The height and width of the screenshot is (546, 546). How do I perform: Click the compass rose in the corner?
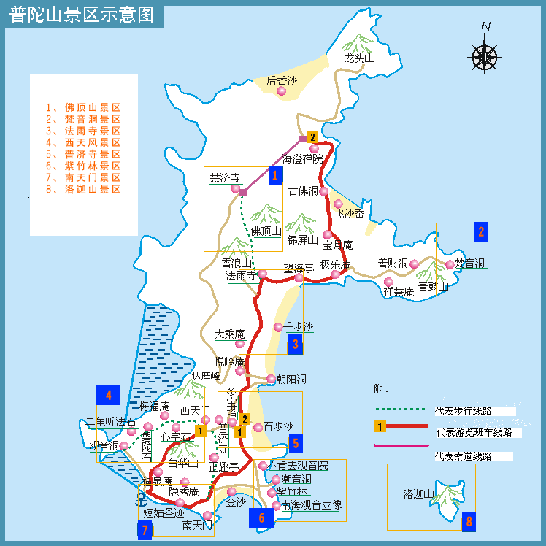(485, 54)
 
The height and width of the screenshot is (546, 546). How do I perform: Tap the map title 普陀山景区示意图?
(82, 15)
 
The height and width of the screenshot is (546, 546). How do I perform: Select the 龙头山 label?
(360, 59)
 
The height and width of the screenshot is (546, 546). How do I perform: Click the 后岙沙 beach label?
(282, 81)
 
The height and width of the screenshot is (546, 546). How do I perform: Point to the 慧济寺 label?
(225, 178)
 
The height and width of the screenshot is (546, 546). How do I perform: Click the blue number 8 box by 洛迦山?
(469, 522)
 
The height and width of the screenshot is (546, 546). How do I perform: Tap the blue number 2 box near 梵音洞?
(480, 232)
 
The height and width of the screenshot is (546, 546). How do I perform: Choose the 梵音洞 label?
(469, 264)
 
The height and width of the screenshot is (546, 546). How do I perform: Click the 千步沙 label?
(298, 327)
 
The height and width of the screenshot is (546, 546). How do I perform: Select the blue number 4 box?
(108, 396)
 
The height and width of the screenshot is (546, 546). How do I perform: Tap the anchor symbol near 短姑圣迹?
(141, 500)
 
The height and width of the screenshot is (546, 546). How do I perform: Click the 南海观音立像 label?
(311, 505)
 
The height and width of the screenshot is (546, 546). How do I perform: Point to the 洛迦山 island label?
(418, 494)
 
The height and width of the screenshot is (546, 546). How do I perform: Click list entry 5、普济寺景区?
(82, 154)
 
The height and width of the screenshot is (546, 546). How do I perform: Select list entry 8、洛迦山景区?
(82, 189)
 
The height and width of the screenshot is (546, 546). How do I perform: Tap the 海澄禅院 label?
(302, 158)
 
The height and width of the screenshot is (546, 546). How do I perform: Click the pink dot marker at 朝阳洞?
(272, 379)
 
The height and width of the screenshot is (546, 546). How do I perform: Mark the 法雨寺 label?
(241, 276)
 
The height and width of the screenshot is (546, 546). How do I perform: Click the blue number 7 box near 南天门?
(145, 531)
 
